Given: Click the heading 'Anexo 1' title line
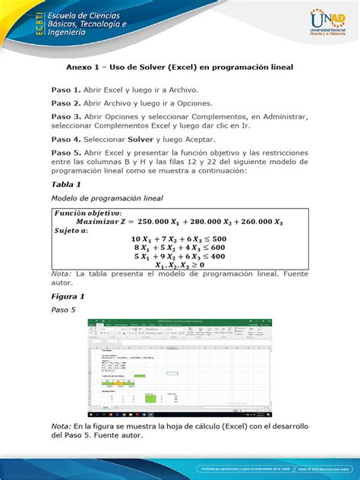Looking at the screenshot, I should [x=179, y=67].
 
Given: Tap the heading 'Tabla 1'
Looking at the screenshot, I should [x=65, y=185].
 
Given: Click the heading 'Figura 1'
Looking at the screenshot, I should [x=67, y=295].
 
